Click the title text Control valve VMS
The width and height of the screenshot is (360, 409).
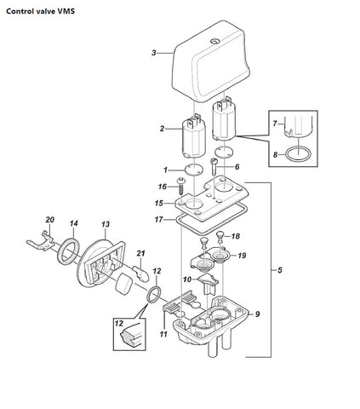click(x=41, y=11)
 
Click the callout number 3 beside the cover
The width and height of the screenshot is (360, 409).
click(x=154, y=53)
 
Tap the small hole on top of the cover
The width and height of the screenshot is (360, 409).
click(x=214, y=42)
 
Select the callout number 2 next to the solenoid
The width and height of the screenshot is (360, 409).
click(x=162, y=129)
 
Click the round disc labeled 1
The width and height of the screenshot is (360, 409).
click(x=194, y=170)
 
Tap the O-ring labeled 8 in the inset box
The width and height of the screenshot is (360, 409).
click(x=298, y=154)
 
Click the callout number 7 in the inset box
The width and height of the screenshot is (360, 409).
click(x=275, y=124)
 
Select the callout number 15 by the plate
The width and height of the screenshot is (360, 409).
click(x=159, y=204)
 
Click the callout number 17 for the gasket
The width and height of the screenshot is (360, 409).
click(x=159, y=220)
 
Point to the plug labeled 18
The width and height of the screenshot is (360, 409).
click(x=220, y=237)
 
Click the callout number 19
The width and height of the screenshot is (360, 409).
click(x=242, y=256)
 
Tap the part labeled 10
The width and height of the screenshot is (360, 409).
click(x=208, y=283)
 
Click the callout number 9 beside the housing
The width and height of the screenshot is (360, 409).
click(x=257, y=314)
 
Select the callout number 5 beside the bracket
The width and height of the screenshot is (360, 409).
click(x=280, y=270)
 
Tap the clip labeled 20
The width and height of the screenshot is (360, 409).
click(x=41, y=242)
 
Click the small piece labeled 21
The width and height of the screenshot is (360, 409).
click(x=141, y=274)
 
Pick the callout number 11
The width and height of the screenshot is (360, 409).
click(x=163, y=334)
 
